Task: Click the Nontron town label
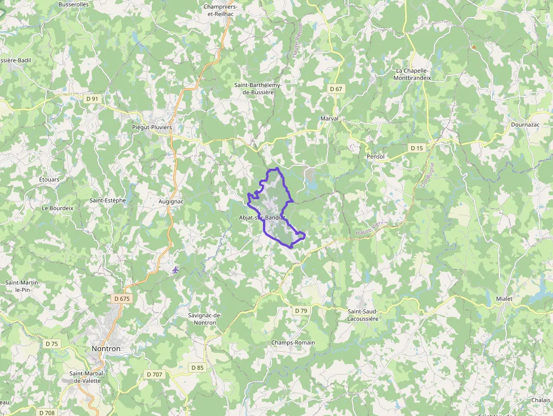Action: click(x=106, y=349)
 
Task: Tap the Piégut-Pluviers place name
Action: click(x=152, y=127)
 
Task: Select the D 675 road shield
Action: click(x=121, y=299)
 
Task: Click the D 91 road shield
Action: click(x=92, y=99)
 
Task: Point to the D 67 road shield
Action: click(x=336, y=89)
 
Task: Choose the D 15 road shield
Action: click(x=416, y=148)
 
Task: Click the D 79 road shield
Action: click(x=301, y=310)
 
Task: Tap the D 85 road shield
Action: click(x=197, y=367)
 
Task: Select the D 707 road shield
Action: click(x=154, y=374)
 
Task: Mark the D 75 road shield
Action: click(x=51, y=343)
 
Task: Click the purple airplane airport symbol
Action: click(x=175, y=270)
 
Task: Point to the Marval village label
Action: click(x=329, y=119)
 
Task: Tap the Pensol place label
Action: click(x=375, y=156)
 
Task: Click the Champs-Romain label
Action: click(x=293, y=343)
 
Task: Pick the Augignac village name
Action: click(x=172, y=200)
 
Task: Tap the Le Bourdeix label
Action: click(x=58, y=208)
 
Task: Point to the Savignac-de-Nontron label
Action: click(x=205, y=319)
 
